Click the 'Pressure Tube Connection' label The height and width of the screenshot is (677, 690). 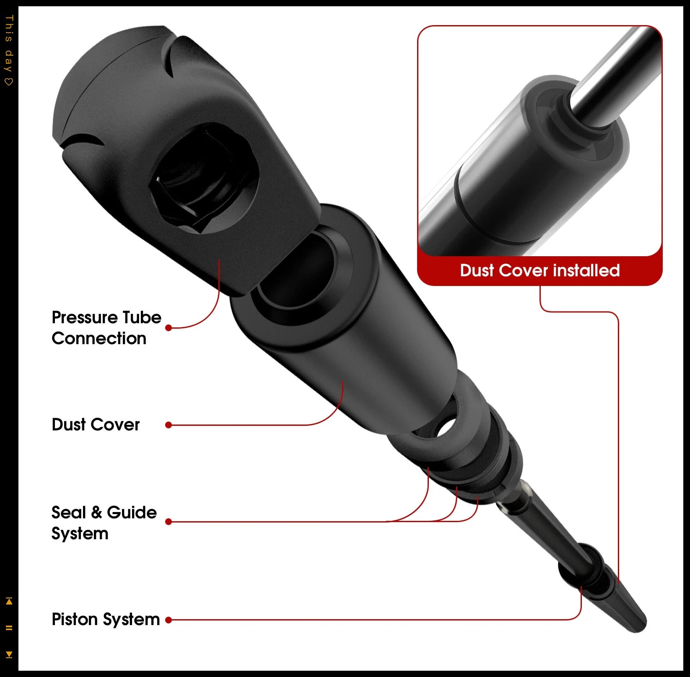tap(106, 328)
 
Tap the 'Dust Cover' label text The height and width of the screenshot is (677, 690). tap(96, 425)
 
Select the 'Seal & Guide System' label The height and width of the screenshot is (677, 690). tap(104, 523)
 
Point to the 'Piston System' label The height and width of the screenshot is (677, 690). tap(106, 620)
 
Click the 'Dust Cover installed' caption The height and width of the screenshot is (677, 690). tap(540, 270)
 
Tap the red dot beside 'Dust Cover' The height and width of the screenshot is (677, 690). tap(169, 425)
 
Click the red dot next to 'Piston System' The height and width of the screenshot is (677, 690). tap(169, 620)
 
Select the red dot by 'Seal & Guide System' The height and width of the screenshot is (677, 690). tap(169, 522)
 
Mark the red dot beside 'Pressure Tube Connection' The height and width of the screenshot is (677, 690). tap(169, 328)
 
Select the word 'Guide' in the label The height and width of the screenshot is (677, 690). tap(132, 512)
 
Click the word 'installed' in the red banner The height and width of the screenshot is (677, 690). tap(586, 270)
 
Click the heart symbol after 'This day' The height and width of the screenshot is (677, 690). tap(9, 81)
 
